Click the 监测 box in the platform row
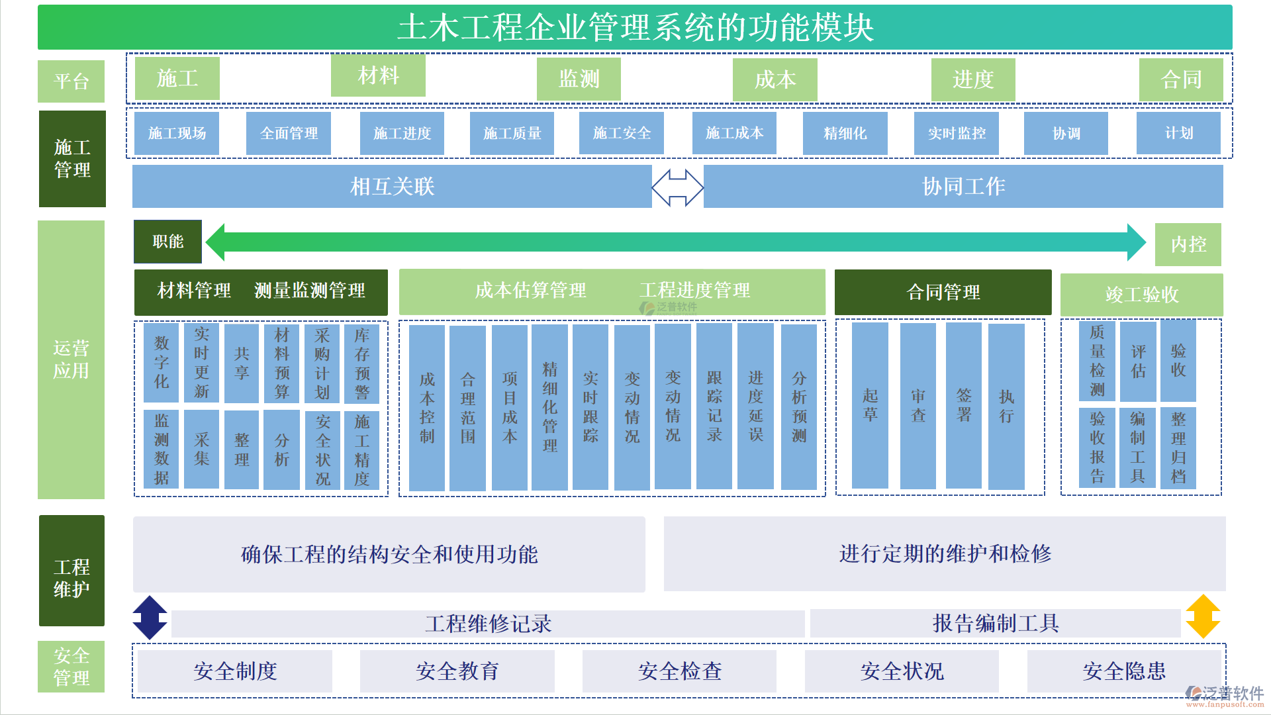pyautogui.click(x=579, y=79)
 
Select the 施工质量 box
pyautogui.click(x=512, y=133)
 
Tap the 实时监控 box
pyautogui.click(x=956, y=133)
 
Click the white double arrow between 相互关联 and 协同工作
pyautogui.click(x=677, y=187)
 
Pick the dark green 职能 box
pyautogui.click(x=167, y=242)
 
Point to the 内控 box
pyautogui.click(x=1188, y=244)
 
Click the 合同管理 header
pyautogui.click(x=943, y=292)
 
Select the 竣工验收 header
pyautogui.click(x=1141, y=295)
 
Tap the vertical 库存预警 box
pyautogui.click(x=361, y=363)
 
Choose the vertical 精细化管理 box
pyautogui.click(x=549, y=407)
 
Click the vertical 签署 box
pyautogui.click(x=963, y=406)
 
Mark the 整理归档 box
pyautogui.click(x=1178, y=448)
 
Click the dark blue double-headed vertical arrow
pyautogui.click(x=150, y=617)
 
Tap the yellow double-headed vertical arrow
pyautogui.click(x=1202, y=616)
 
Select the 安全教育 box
pyautogui.click(x=457, y=671)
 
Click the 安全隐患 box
pyautogui.click(x=1123, y=671)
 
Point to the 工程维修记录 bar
pyautogui.click(x=488, y=624)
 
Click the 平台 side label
pyautogui.click(x=71, y=81)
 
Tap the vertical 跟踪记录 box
pyautogui.click(x=714, y=406)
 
